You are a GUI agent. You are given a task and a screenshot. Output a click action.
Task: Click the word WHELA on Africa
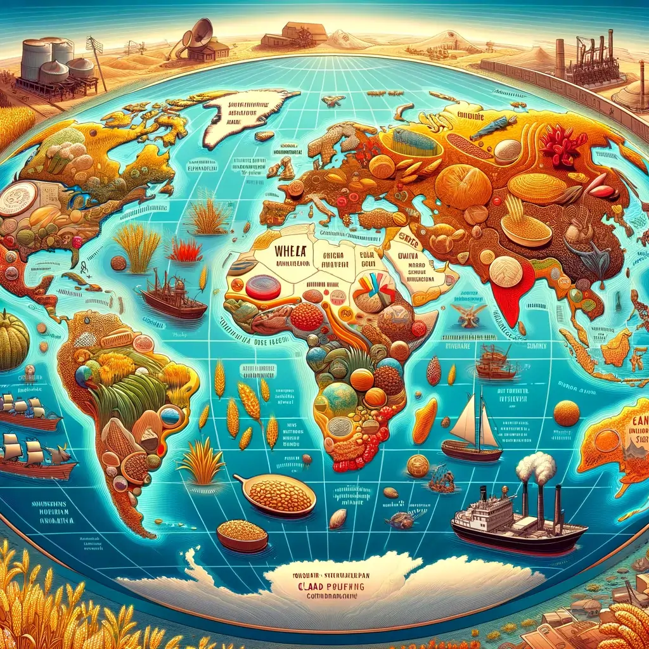coord(291,248)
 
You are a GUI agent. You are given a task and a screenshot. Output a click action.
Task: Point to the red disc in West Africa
coord(263,287)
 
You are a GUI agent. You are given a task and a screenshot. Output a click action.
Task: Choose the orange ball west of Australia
coord(566,414)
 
